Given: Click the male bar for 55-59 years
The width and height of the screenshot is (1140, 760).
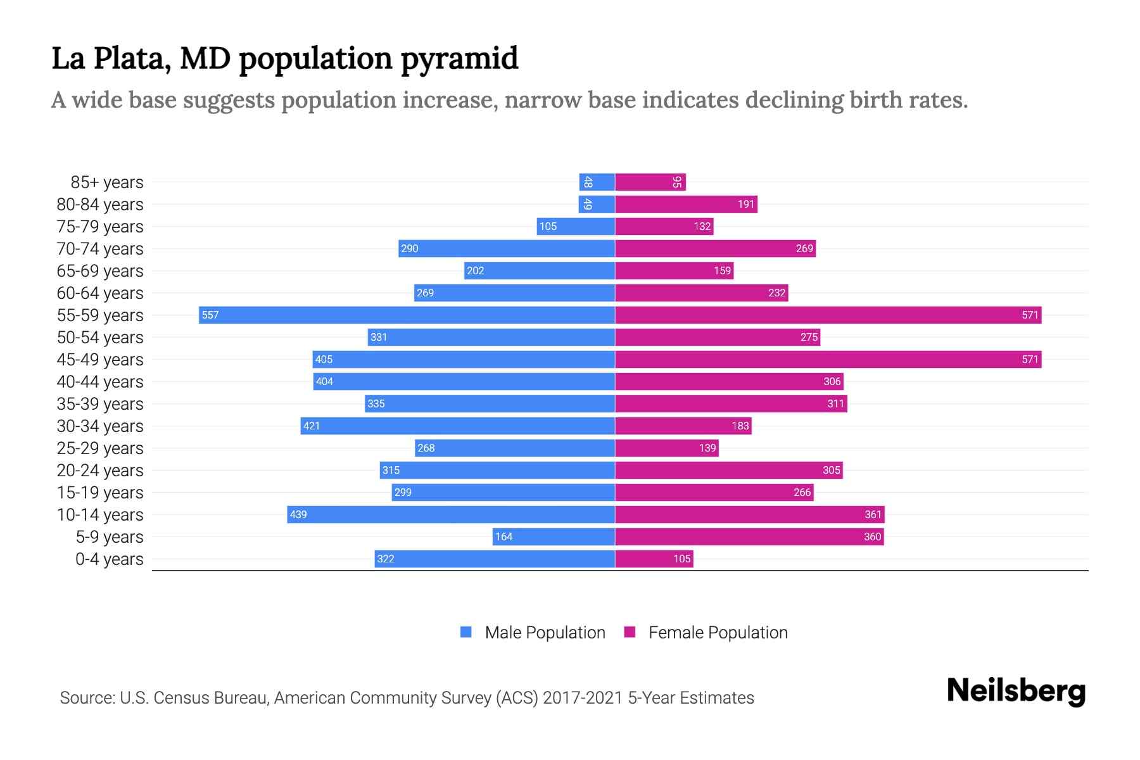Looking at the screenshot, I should tap(407, 315).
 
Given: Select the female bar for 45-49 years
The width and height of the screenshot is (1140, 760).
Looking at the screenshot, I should tap(828, 359).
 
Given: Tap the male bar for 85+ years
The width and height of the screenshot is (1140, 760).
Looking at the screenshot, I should tap(597, 182).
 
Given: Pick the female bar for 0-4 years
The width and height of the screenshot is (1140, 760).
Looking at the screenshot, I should tap(654, 559).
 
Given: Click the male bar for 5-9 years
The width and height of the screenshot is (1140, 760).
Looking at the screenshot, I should tap(554, 536).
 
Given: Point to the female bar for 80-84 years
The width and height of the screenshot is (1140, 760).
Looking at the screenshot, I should tap(686, 204).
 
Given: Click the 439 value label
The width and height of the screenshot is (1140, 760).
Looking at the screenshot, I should tap(298, 514).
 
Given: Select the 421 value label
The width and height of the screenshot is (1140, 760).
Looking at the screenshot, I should tap(312, 426).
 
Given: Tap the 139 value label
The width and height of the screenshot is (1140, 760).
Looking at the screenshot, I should tap(707, 448).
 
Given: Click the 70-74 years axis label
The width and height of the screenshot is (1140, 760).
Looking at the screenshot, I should tap(100, 248).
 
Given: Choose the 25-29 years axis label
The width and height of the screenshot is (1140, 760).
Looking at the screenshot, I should tap(100, 448).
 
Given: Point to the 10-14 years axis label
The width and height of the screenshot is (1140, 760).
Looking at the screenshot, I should tap(100, 514).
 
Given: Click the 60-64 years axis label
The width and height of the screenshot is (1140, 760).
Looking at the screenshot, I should tap(100, 293).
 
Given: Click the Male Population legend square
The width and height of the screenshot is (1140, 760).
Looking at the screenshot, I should tap(466, 632).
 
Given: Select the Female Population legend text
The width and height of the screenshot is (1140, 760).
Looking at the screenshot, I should tap(718, 632).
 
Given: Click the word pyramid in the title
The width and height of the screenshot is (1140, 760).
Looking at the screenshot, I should tap(460, 59).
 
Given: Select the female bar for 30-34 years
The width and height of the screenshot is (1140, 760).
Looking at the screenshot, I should tap(683, 426).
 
